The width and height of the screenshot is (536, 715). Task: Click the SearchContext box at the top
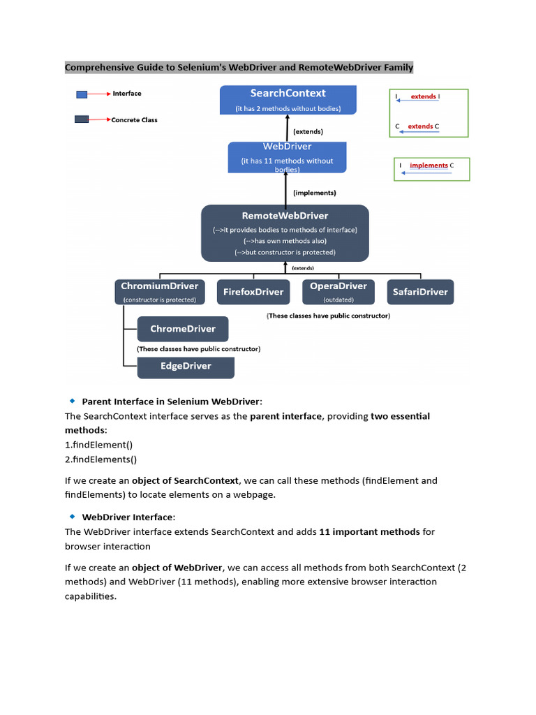(x=288, y=100)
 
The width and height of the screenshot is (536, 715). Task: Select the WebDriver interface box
(x=287, y=157)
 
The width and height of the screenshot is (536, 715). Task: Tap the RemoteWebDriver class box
(x=285, y=233)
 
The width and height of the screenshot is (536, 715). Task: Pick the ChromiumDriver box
(x=160, y=291)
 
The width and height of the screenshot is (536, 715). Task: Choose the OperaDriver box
(x=338, y=291)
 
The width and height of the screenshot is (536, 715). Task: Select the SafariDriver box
(x=419, y=292)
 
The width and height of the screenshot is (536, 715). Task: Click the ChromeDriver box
(x=182, y=329)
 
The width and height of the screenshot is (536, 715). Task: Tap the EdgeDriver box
(x=185, y=366)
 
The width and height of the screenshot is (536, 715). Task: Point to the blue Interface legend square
(x=82, y=94)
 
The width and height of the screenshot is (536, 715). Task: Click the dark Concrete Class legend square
(x=82, y=119)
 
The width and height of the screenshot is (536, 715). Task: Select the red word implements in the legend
(x=429, y=165)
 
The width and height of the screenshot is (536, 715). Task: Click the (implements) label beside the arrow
(x=315, y=193)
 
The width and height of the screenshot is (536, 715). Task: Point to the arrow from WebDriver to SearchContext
(x=286, y=128)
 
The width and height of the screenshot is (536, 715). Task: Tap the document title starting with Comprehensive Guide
(x=239, y=68)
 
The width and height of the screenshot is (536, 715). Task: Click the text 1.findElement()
(x=98, y=444)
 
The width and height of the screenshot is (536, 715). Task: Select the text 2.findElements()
(x=100, y=459)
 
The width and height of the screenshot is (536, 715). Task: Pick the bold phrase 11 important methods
(x=369, y=531)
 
